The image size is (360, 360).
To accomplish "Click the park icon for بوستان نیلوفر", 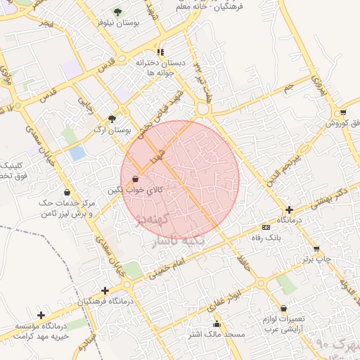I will [117, 12].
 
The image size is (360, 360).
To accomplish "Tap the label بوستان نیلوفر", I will [117, 23].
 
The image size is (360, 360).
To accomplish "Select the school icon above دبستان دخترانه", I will [161, 52].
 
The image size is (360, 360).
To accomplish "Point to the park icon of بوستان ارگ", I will [112, 118].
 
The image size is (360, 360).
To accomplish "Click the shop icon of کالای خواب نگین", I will [135, 179].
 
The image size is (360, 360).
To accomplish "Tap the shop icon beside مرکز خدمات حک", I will [67, 192].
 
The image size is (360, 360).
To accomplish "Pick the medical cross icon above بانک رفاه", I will [290, 210].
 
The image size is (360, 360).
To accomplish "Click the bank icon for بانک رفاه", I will [265, 228].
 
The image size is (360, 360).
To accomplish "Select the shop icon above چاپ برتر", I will [316, 249].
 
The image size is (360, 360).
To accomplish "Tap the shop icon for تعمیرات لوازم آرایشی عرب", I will [283, 308].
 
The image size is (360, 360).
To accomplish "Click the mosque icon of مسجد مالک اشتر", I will [217, 324].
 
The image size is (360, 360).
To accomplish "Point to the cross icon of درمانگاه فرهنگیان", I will [105, 290].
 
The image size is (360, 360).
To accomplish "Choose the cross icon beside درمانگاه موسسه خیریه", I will [41, 315].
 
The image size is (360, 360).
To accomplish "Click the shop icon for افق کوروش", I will [342, 112].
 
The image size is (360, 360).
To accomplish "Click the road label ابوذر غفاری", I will [224, 300].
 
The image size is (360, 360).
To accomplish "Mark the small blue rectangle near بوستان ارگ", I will [77, 153].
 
